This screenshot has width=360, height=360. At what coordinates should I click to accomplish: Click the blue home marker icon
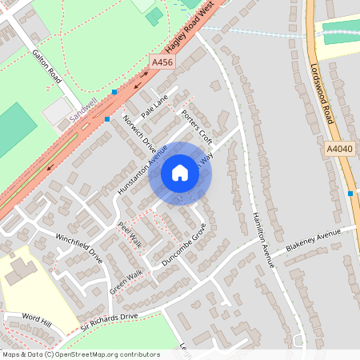(x=180, y=173)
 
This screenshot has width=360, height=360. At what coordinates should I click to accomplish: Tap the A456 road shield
(x=162, y=62)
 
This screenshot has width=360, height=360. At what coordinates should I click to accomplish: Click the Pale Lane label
(x=155, y=105)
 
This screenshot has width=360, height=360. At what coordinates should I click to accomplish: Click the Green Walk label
(x=126, y=281)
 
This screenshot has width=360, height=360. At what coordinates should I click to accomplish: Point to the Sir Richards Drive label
(x=109, y=322)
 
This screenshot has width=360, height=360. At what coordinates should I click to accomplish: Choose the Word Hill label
(x=37, y=320)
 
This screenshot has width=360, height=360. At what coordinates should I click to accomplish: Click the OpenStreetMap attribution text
(x=80, y=354)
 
